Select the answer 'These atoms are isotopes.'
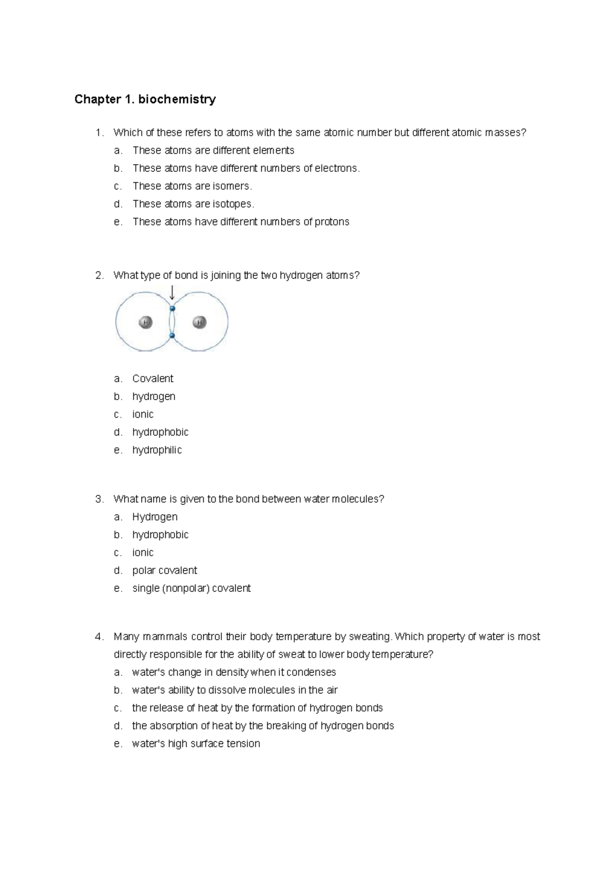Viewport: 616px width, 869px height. click(x=193, y=204)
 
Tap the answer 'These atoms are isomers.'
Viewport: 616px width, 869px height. click(x=192, y=186)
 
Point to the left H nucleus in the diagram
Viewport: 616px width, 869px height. click(x=146, y=322)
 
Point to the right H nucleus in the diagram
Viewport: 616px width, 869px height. click(x=199, y=322)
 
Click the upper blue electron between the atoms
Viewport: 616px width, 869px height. click(x=172, y=308)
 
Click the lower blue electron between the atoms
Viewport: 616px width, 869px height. click(x=172, y=335)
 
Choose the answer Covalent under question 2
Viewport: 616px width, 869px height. click(x=152, y=379)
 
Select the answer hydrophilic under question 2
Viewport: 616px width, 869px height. click(x=157, y=450)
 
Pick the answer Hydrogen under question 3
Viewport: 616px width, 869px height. click(x=155, y=517)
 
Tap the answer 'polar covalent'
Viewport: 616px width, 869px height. click(x=164, y=570)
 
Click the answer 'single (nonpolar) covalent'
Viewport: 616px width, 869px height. click(x=191, y=588)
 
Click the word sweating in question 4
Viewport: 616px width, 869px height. click(x=370, y=637)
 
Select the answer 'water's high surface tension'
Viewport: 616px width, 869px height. click(x=196, y=744)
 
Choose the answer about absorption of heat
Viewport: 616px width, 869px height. click(x=263, y=726)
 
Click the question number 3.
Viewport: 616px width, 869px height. click(x=99, y=499)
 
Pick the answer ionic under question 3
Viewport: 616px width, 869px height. click(x=143, y=552)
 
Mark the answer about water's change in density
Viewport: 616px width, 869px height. click(x=234, y=672)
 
